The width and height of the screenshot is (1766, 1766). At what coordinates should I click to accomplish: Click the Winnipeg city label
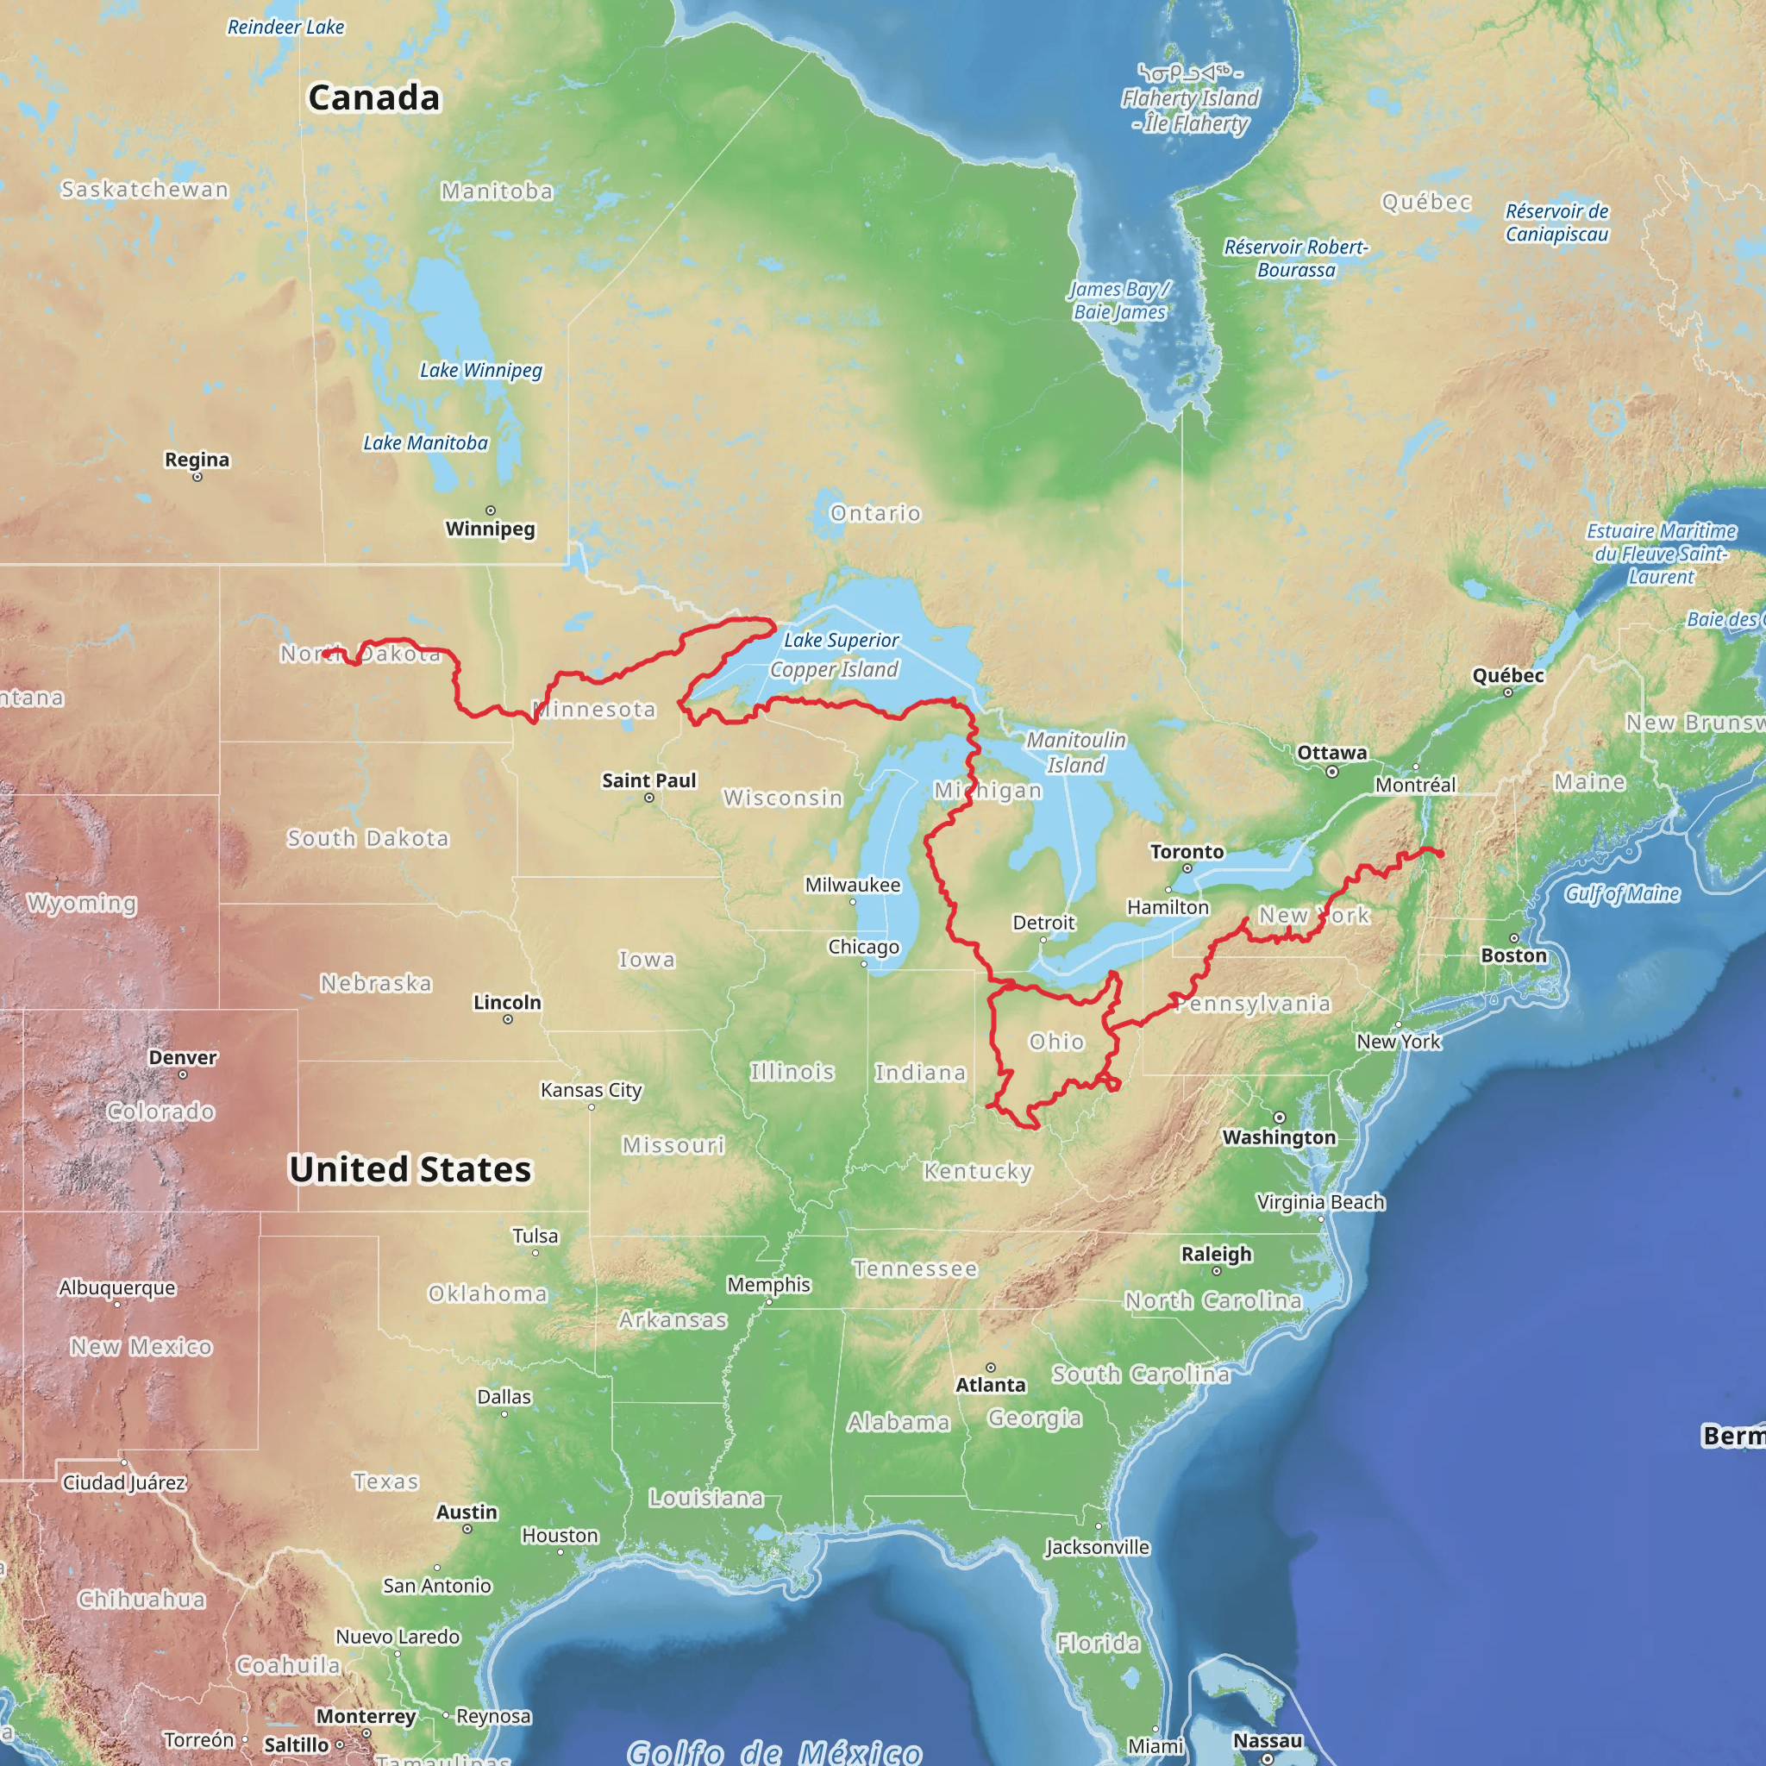pos(490,529)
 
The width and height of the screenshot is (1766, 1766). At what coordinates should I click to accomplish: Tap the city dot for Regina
pos(197,477)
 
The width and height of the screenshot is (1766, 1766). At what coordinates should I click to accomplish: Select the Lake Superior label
pos(841,640)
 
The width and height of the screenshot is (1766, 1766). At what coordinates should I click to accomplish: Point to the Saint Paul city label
pos(649,780)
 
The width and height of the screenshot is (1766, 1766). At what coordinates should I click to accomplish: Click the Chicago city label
pos(863,946)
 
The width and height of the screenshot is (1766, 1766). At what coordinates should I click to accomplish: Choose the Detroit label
pos(1043,923)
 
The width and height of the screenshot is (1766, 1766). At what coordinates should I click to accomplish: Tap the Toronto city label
pos(1187,851)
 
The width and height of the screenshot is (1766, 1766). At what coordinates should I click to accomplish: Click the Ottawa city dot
pos(1331,772)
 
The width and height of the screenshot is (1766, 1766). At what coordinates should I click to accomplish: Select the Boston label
pos(1513,955)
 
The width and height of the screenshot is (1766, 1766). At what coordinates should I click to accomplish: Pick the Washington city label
pos(1279,1137)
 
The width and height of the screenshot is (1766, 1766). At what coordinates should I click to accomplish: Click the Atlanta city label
pos(991,1385)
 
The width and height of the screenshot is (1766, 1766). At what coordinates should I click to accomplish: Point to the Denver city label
pos(183,1056)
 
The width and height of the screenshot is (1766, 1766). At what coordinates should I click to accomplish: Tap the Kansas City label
pos(591,1090)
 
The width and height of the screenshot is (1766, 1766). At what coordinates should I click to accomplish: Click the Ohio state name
pos(1056,1041)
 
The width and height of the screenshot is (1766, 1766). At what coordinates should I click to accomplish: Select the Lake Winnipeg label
pos(481,370)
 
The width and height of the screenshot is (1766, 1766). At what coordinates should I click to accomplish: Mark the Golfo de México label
pos(774,1750)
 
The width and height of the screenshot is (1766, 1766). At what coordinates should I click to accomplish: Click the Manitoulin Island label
pos(1076,751)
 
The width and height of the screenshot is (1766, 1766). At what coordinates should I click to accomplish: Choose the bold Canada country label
pos(374,97)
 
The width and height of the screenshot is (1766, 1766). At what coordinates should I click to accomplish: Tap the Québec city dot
pos(1508,693)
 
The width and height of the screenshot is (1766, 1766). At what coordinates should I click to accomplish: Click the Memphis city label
pos(768,1284)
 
